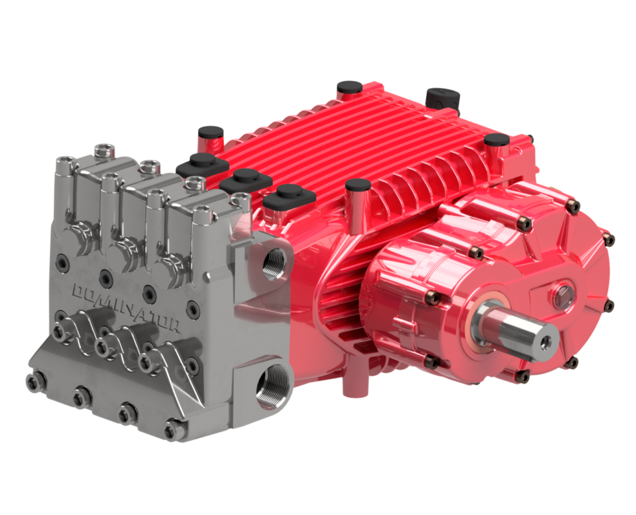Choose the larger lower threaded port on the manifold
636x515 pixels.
pyautogui.click(x=268, y=389)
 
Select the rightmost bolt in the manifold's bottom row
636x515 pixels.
pyautogui.click(x=172, y=429)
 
